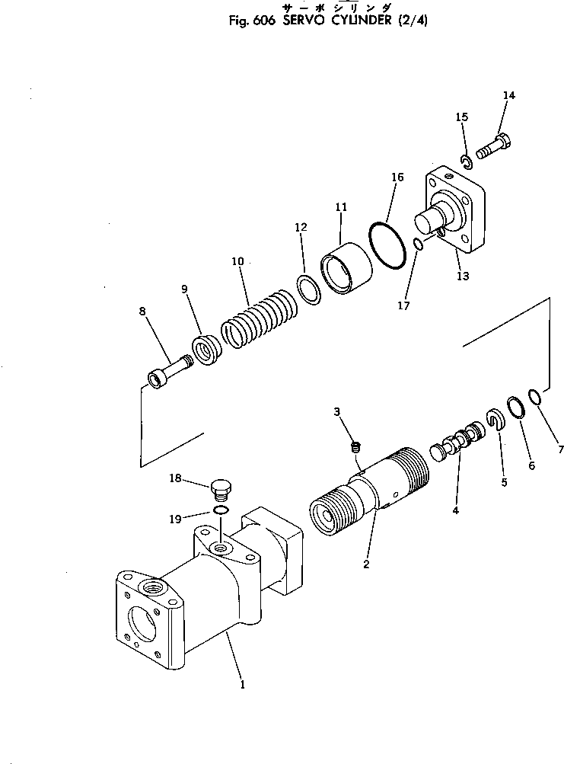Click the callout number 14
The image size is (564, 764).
click(x=508, y=95)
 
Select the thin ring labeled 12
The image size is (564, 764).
click(x=307, y=290)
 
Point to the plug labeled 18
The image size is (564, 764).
click(x=219, y=486)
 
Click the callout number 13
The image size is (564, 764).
click(x=463, y=276)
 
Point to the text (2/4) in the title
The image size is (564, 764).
click(x=411, y=21)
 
